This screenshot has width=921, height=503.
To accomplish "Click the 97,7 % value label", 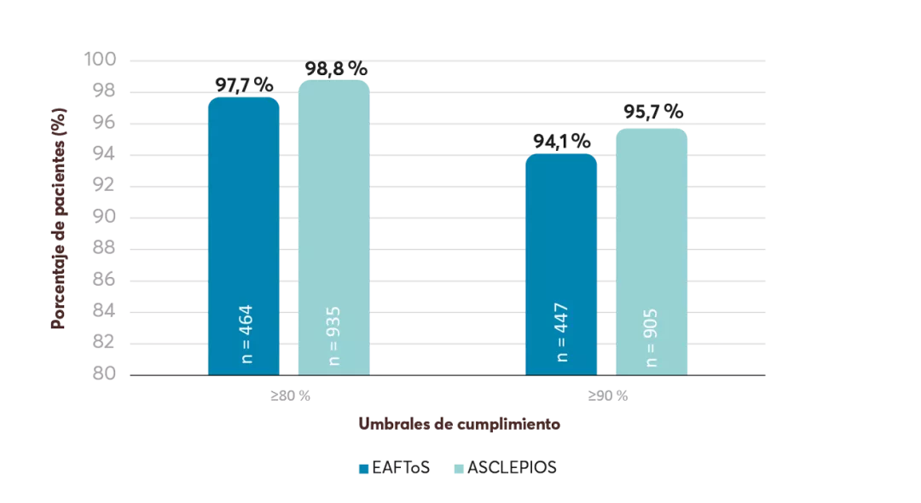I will tap(244, 84).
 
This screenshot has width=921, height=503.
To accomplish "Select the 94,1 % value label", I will tap(562, 140).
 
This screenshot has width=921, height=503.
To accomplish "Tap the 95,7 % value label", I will tap(652, 112).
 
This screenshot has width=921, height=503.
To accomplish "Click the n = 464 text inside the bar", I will tap(247, 333).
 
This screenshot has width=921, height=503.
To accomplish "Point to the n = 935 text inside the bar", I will tap(335, 333).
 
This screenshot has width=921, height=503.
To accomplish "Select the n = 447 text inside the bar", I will tap(562, 333).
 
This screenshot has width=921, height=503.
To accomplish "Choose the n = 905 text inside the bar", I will tap(652, 333).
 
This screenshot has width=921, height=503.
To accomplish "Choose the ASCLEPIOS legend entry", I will tap(505, 468).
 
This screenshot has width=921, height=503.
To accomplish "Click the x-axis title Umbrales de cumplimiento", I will tap(459, 424).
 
